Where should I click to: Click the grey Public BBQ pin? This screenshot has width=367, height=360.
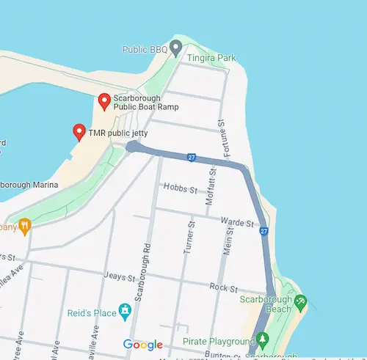[175, 49]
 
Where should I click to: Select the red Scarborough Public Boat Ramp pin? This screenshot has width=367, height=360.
[103, 102]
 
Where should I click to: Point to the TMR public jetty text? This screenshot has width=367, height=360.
[118, 133]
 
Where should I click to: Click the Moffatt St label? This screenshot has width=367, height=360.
[211, 185]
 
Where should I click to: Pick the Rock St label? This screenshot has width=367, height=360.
[219, 287]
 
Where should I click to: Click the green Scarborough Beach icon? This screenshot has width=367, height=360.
[299, 302]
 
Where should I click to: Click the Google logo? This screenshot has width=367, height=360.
[143, 345]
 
